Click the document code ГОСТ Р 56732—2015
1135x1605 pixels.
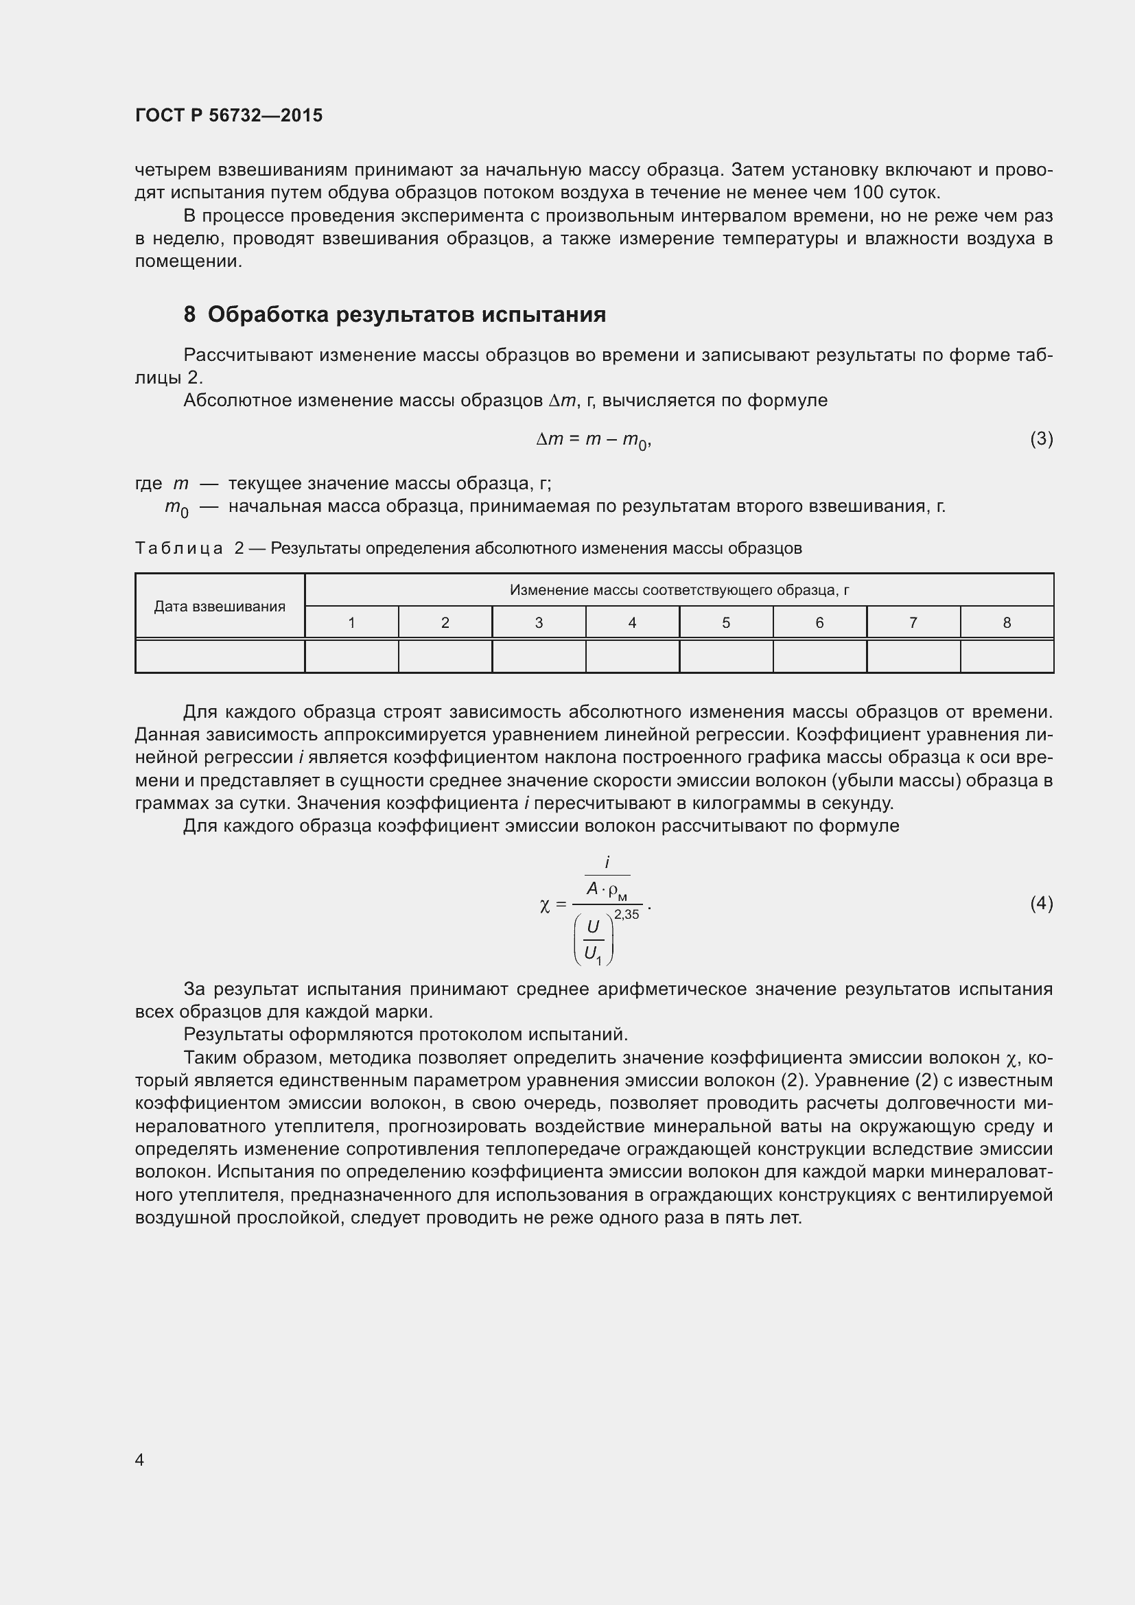pyautogui.click(x=229, y=115)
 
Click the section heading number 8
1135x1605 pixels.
pyautogui.click(x=189, y=314)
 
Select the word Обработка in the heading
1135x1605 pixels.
pyautogui.click(x=268, y=314)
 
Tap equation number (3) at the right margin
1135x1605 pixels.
pyautogui.click(x=1041, y=439)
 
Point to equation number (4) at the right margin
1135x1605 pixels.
pyautogui.click(x=1041, y=904)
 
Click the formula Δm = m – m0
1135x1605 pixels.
pyautogui.click(x=593, y=440)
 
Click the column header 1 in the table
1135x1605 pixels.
pyautogui.click(x=351, y=622)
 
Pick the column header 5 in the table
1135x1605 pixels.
pyautogui.click(x=725, y=622)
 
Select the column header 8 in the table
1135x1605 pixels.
pyautogui.click(x=1007, y=622)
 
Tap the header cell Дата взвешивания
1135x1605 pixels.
pyautogui.click(x=220, y=606)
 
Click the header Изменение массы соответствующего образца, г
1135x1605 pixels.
pyautogui.click(x=679, y=590)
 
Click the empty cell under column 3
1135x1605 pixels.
pyautogui.click(x=538, y=657)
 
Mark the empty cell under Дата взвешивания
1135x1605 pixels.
pyautogui.click(x=220, y=657)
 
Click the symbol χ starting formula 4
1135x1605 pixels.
pyautogui.click(x=544, y=905)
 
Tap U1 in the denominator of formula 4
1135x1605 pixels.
pyautogui.click(x=593, y=954)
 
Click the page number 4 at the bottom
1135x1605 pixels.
pyautogui.click(x=139, y=1460)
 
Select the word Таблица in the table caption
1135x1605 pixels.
pyautogui.click(x=179, y=548)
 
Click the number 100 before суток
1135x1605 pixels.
pyautogui.click(x=869, y=192)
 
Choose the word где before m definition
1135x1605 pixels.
pyautogui.click(x=148, y=484)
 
